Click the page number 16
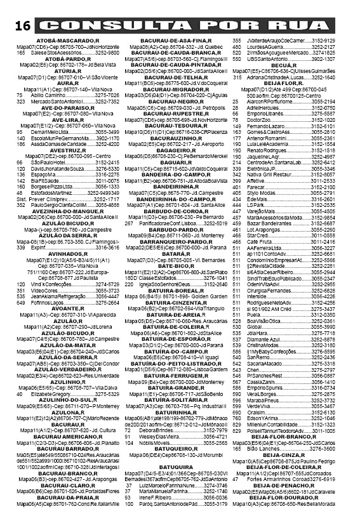point(20,26)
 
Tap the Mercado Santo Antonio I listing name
point(58,101)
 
